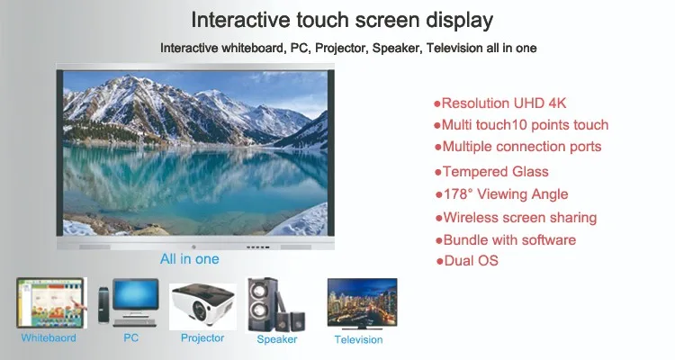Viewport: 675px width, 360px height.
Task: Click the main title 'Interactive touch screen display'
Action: [342, 21]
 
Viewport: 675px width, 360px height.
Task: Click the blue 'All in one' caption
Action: [189, 259]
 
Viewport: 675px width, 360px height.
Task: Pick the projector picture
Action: [202, 307]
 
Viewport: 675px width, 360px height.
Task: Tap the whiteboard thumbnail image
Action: [51, 302]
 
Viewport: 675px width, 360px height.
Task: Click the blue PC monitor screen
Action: [136, 295]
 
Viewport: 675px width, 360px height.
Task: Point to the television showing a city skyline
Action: [362, 303]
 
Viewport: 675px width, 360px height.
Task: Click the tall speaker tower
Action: [261, 304]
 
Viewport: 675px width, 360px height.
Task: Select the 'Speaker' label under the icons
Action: [277, 339]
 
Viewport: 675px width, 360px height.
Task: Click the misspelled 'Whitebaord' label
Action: [49, 338]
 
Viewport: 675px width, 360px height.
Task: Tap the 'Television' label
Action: [358, 340]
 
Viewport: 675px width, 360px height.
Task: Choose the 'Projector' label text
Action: [202, 338]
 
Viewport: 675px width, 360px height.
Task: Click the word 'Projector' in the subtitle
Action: [341, 49]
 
